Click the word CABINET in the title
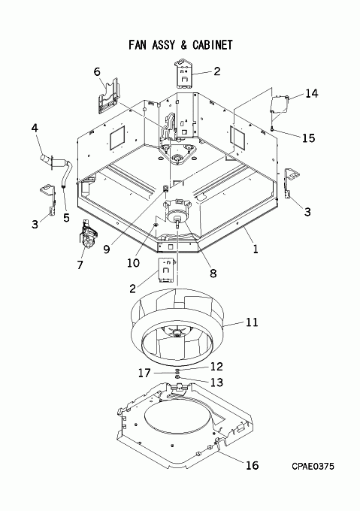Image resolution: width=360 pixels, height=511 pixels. (x=213, y=45)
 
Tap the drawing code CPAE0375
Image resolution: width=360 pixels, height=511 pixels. (x=313, y=467)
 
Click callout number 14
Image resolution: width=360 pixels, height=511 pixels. (x=311, y=93)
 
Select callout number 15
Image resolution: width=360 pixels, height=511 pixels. (x=309, y=138)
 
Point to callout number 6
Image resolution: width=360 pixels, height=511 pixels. (x=97, y=71)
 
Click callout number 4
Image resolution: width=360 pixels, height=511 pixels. (x=35, y=128)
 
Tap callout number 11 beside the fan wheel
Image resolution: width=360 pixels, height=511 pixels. (x=252, y=322)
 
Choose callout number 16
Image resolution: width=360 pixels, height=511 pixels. (x=252, y=465)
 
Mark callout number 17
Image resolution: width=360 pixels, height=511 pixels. (x=144, y=373)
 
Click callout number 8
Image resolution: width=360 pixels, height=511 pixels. (x=213, y=273)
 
